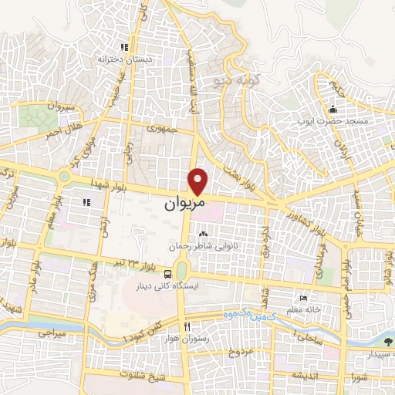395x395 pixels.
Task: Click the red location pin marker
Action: click(200, 181)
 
